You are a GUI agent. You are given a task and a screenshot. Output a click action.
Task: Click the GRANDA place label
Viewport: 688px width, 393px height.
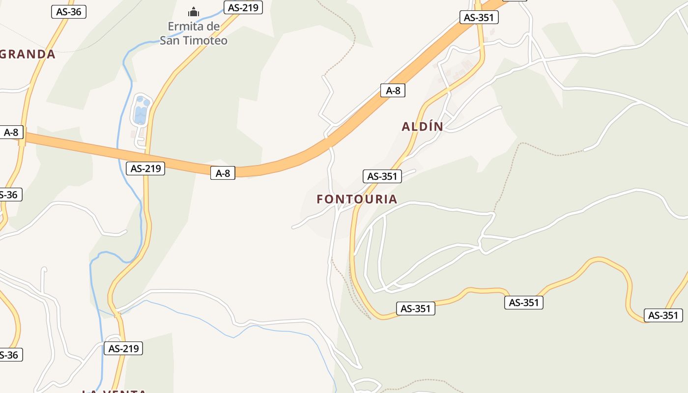(28, 55)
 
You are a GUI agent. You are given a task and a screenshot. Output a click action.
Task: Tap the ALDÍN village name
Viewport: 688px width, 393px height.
(423, 127)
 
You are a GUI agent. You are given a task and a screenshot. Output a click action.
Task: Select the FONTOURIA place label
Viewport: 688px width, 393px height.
(357, 199)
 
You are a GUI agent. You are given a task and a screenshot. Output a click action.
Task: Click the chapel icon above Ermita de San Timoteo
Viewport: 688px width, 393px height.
(194, 11)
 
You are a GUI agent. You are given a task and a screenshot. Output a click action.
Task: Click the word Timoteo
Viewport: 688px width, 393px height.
(205, 40)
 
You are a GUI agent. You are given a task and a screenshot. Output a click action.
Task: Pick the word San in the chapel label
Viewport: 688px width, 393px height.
(170, 40)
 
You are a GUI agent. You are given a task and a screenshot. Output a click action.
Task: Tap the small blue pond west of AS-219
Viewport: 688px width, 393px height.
(141, 111)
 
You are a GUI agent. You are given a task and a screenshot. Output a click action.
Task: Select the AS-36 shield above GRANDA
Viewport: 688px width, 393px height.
(69, 12)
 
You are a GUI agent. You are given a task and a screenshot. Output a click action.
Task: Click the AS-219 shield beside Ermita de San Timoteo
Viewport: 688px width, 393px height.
(243, 7)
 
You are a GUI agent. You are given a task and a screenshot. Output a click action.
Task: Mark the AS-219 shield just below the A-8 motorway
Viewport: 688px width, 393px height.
(145, 168)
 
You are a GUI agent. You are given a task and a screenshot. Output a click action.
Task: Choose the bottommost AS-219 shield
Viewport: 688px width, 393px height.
(123, 349)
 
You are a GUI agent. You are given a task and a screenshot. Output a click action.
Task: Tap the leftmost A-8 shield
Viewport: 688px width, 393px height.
(11, 132)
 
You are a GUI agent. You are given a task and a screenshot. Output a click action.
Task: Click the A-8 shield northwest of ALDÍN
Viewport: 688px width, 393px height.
(393, 90)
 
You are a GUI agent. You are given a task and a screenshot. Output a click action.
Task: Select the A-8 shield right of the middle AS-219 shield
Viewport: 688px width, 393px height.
(223, 173)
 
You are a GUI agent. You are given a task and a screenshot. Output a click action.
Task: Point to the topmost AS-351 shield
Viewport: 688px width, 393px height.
(479, 18)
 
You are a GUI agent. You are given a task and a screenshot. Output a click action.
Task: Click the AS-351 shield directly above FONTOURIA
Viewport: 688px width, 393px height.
(382, 176)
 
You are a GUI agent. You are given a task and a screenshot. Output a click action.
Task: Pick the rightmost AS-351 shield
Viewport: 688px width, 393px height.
(663, 315)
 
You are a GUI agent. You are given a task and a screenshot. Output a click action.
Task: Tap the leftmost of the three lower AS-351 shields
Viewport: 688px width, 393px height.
(416, 309)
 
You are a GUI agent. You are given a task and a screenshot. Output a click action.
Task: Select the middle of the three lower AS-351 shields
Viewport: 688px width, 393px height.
(524, 303)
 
